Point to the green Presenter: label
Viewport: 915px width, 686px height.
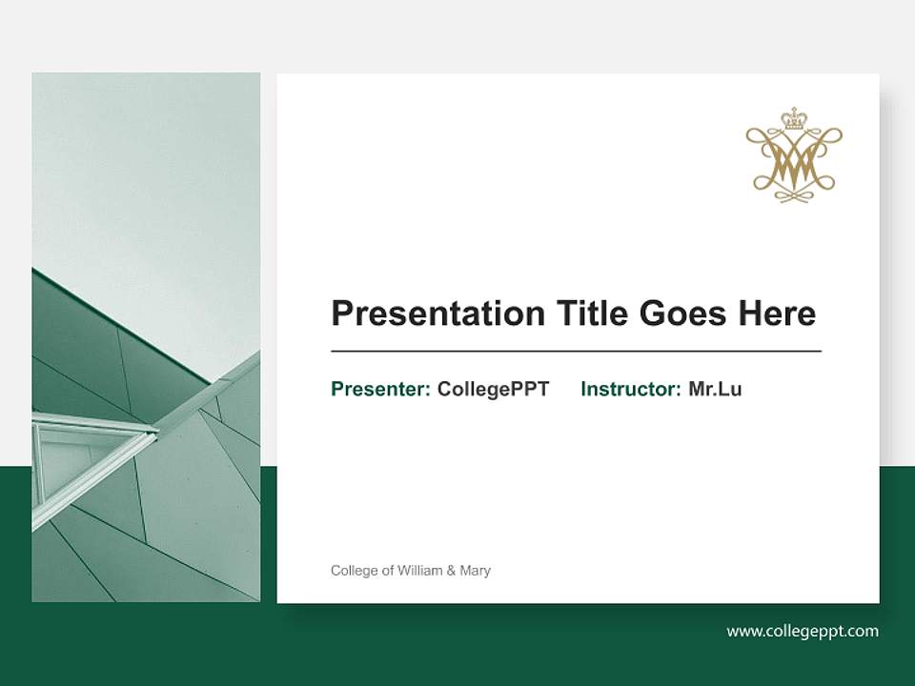(x=380, y=389)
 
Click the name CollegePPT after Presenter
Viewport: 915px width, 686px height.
(x=493, y=389)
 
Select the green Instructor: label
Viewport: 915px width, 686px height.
(x=630, y=389)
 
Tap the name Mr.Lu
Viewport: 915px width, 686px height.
(x=715, y=389)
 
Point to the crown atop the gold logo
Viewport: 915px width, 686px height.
(x=793, y=118)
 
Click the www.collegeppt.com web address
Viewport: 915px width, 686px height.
(x=803, y=631)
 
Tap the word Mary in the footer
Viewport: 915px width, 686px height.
(x=475, y=571)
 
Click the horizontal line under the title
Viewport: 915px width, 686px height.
(x=576, y=352)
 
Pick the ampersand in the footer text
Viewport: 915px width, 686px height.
(x=451, y=571)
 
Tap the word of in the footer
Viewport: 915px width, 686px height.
(x=388, y=571)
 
